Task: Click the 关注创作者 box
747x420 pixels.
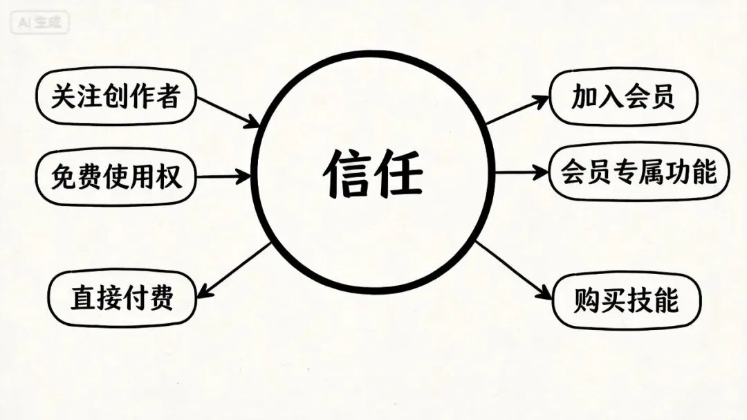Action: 116,97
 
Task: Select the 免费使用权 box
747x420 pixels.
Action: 116,176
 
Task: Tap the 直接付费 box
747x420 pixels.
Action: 122,298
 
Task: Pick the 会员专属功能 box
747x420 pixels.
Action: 638,172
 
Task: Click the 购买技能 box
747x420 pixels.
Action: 627,301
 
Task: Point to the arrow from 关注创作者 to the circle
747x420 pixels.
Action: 228,111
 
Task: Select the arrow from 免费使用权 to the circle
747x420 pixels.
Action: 223,176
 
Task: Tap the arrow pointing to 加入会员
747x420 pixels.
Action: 517,111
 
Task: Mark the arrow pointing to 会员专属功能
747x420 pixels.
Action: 521,172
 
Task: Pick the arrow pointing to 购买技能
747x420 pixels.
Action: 513,271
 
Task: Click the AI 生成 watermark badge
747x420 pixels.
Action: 40,22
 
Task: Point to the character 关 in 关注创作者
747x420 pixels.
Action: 63,97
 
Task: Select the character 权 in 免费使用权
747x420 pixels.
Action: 168,176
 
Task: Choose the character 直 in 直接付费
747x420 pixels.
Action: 82,298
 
